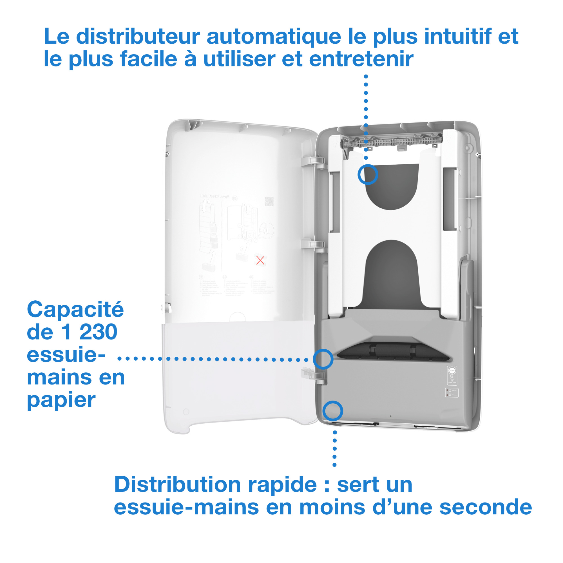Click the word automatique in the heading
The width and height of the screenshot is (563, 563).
(x=274, y=37)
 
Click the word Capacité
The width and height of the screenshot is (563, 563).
(x=75, y=309)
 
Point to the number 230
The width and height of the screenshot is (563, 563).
(x=98, y=332)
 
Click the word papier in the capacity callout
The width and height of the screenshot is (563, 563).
(x=61, y=400)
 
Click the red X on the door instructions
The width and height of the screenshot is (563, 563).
(x=260, y=260)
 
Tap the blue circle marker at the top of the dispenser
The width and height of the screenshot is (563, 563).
(x=368, y=175)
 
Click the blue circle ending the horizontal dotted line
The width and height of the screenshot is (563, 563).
(x=323, y=359)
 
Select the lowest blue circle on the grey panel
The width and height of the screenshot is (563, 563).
(x=332, y=411)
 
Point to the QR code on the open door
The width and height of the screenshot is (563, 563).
(x=269, y=201)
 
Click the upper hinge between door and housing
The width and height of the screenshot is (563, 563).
(x=313, y=161)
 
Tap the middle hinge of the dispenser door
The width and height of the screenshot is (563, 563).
(x=313, y=244)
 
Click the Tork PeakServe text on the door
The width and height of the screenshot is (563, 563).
(x=214, y=196)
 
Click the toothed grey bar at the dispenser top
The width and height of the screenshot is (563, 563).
(x=392, y=142)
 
